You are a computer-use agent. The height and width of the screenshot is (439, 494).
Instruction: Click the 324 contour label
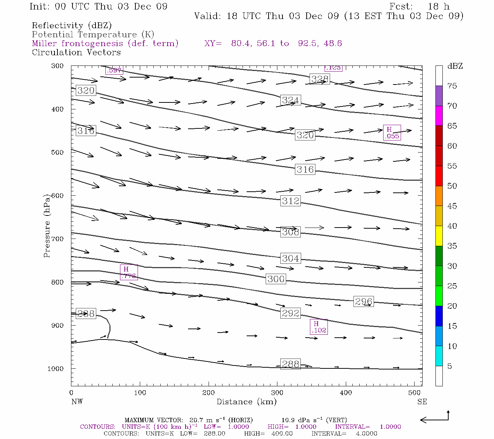291,100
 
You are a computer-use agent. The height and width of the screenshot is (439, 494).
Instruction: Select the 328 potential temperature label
320,79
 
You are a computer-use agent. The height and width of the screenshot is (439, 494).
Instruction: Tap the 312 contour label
291,201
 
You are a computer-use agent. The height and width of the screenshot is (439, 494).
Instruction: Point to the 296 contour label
364,301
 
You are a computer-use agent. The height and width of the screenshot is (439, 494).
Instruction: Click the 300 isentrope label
276,279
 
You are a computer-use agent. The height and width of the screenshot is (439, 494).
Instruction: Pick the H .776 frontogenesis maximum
129,273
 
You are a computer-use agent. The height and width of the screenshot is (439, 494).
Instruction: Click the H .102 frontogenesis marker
319,327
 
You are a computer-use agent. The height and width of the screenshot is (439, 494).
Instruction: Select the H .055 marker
392,132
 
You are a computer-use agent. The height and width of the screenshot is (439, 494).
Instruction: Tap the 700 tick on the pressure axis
57,239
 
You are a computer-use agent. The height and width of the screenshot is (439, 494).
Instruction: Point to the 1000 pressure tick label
55,369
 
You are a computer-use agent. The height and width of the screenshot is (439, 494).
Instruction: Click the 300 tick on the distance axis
277,393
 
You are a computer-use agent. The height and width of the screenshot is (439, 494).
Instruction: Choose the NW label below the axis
77,402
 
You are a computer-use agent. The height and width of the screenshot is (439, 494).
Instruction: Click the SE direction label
422,402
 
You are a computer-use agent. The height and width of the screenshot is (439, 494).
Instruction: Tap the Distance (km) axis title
246,402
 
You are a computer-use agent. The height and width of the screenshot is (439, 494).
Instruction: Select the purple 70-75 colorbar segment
439,96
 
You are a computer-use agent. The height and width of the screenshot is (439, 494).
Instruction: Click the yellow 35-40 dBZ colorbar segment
439,236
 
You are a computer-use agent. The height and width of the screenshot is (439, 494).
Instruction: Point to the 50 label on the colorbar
452,186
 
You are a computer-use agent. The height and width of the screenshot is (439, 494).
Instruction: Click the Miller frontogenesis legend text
105,44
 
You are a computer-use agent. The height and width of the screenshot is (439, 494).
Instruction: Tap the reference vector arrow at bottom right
435,418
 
